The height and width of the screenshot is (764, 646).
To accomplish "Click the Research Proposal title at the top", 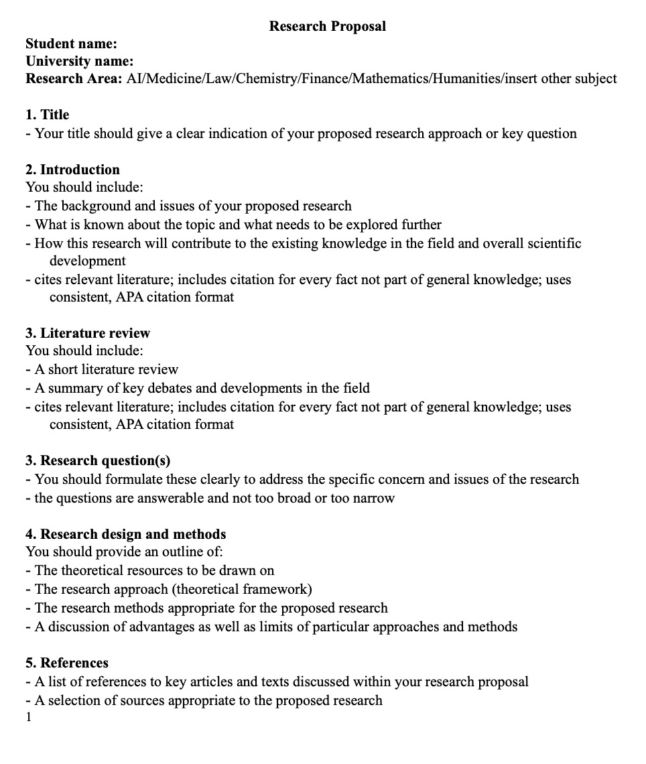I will click(327, 26).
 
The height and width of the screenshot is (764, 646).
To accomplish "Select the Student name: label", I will click(72, 44).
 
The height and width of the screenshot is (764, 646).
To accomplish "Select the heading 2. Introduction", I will click(72, 170).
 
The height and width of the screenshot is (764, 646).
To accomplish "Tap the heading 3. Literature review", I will click(88, 333).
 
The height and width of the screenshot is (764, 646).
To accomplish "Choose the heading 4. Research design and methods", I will click(126, 534).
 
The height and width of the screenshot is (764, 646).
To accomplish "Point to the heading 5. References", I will click(67, 663).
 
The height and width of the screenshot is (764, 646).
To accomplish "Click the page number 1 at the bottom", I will click(29, 718).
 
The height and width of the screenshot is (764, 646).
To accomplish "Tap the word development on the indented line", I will click(87, 261).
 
